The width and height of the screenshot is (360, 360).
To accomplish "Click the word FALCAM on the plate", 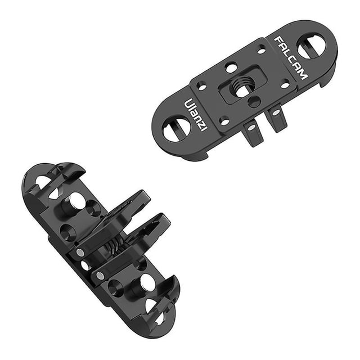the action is [291, 58].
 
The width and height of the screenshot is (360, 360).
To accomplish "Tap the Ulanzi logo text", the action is [195, 115].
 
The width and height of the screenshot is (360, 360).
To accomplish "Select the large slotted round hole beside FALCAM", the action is [311, 46].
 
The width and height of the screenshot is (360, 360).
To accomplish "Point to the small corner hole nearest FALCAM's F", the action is [262, 50].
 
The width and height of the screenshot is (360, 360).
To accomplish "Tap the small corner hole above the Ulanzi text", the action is [202, 87].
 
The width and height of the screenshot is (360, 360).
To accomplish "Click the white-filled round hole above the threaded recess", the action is [231, 67].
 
